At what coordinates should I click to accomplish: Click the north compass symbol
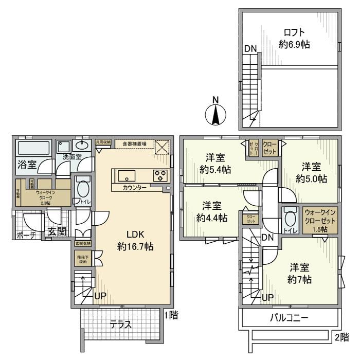click(x=216, y=115)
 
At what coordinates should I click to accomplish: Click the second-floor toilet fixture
click(x=290, y=219)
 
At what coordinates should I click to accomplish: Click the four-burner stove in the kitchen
click(x=159, y=176)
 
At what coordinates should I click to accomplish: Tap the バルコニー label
click(x=289, y=317)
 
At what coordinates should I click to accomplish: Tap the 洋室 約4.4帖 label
click(x=211, y=211)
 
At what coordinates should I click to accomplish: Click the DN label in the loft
click(x=250, y=49)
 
